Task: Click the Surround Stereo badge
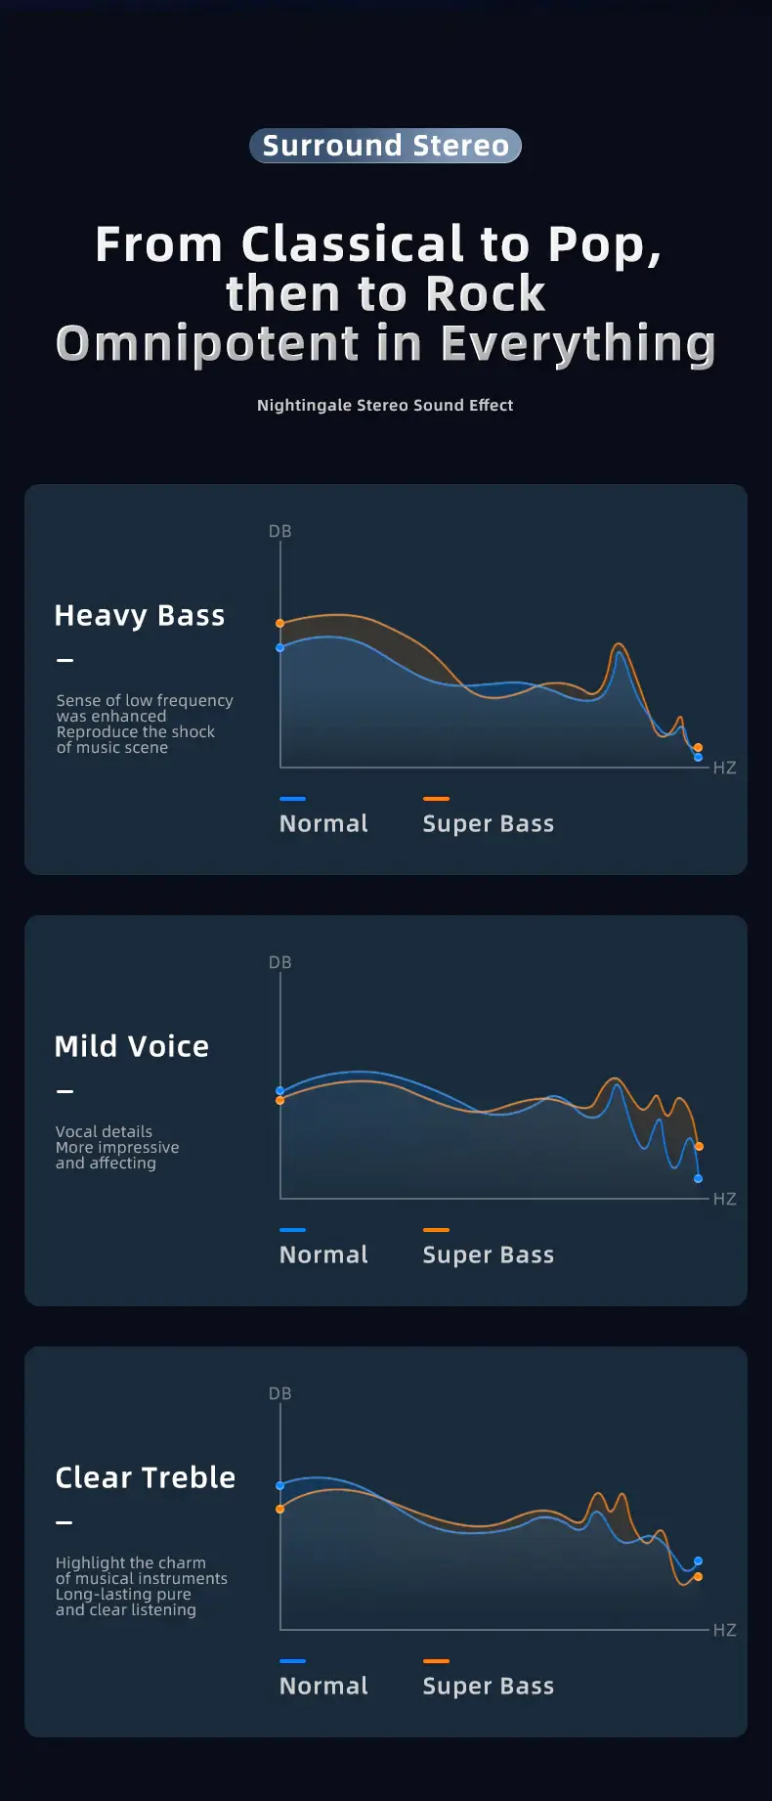point(385,146)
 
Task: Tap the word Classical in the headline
point(353,243)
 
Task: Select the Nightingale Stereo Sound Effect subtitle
point(385,405)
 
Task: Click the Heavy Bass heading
point(140,615)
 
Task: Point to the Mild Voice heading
point(132,1046)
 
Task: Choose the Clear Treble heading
point(146,1477)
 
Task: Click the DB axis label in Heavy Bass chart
point(280,531)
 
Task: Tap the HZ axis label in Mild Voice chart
point(724,1199)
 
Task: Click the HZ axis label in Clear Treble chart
point(724,1630)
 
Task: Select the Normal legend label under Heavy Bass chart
point(323,823)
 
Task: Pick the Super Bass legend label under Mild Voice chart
point(488,1254)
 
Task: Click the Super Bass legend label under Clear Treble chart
point(488,1686)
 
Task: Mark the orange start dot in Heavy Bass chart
point(280,623)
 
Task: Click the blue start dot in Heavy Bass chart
point(280,647)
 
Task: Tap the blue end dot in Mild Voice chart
point(698,1178)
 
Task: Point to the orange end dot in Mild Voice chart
point(699,1146)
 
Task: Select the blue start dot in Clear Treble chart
point(280,1485)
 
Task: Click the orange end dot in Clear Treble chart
point(698,1576)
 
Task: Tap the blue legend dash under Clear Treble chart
point(292,1660)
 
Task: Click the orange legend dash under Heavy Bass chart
point(436,799)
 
